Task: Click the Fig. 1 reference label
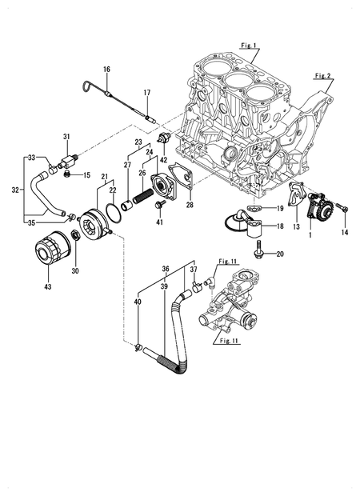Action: tap(249, 46)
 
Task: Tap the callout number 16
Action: tap(106, 70)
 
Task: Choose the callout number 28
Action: tap(189, 206)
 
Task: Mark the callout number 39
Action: tap(164, 285)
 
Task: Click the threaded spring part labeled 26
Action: tap(143, 196)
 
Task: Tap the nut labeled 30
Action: tap(74, 235)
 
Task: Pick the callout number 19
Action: tap(280, 208)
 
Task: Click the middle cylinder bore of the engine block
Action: tap(237, 83)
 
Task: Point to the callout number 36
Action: tap(165, 270)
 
